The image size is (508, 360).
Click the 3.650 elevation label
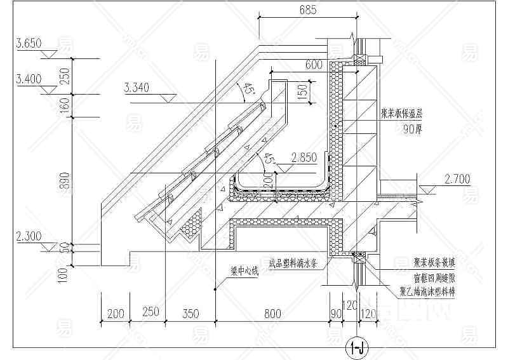point(29,44)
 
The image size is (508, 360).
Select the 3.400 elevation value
point(29,79)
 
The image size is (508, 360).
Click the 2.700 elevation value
point(457,178)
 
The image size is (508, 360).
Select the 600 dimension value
point(314,65)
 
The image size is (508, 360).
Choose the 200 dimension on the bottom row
point(116,313)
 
